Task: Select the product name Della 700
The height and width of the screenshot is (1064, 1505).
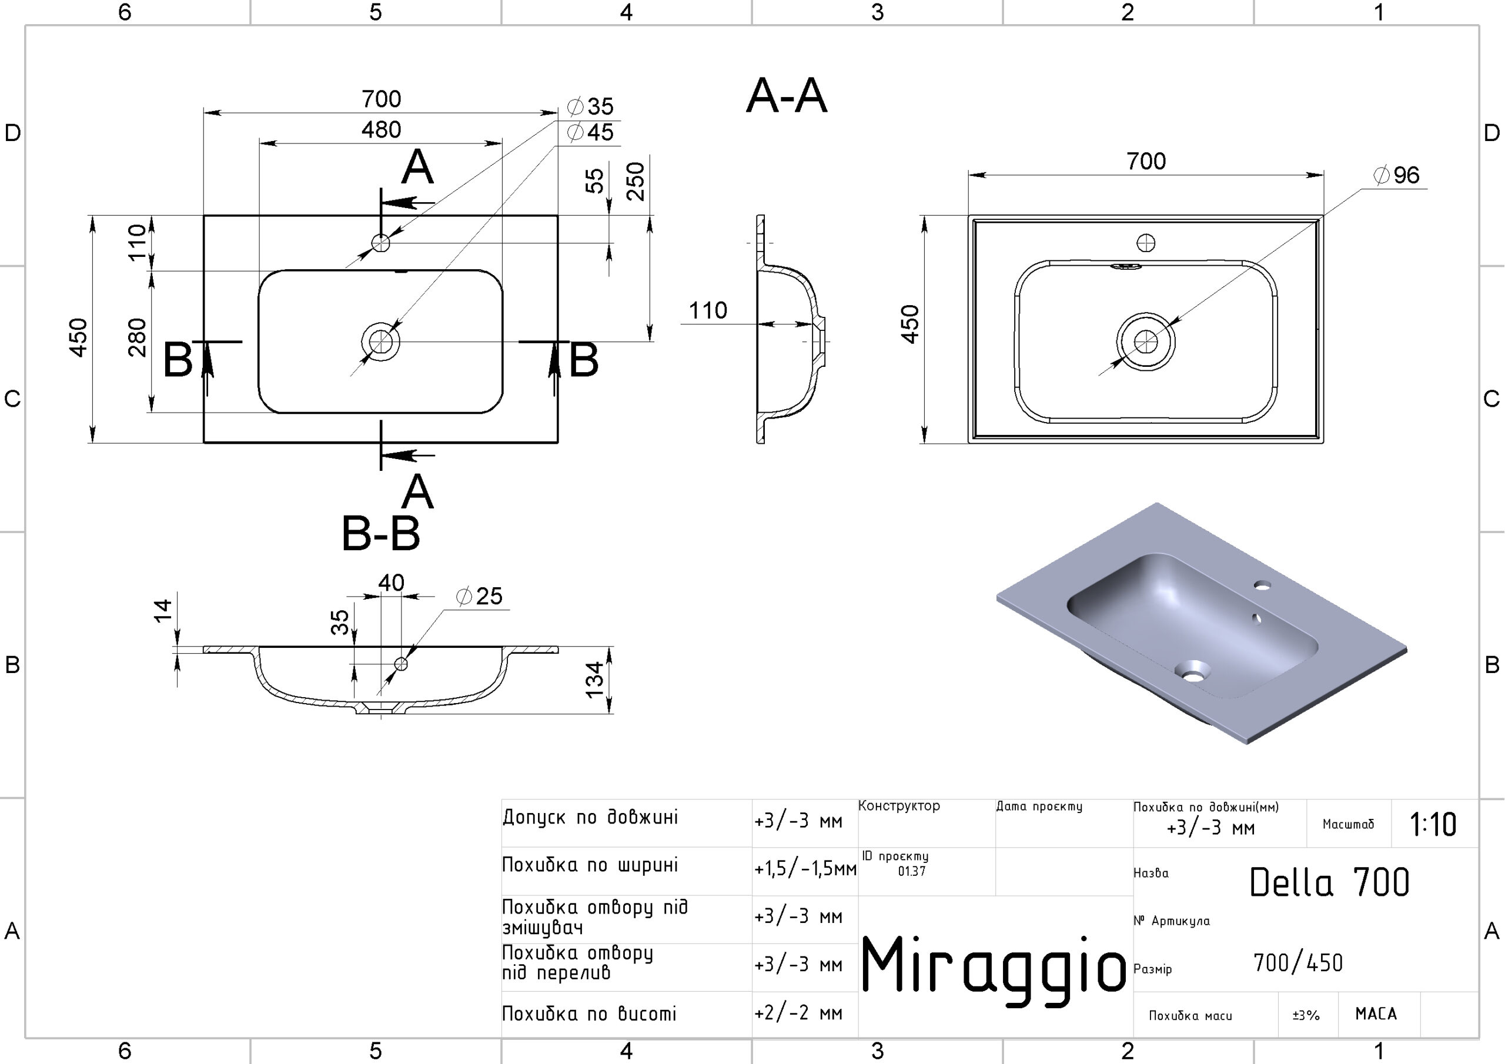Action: tap(1329, 882)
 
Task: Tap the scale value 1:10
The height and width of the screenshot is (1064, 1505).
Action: tap(1433, 825)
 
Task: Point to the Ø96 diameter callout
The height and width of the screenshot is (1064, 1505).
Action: tap(1397, 176)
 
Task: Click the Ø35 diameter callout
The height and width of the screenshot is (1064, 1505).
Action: tap(591, 106)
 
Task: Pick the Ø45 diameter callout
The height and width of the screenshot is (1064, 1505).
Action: tap(591, 132)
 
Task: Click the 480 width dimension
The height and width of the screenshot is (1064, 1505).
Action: tap(381, 130)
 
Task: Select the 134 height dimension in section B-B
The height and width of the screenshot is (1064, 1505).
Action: tap(594, 680)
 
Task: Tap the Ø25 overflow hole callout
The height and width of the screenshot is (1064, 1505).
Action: tap(480, 597)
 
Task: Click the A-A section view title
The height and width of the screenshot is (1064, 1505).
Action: tap(787, 96)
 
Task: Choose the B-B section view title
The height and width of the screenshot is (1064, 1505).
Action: tap(381, 534)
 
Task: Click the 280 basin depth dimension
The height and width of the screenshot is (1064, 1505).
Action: tap(137, 337)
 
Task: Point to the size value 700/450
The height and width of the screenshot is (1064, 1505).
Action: tap(1298, 963)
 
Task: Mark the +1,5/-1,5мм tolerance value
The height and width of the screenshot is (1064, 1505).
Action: tap(805, 869)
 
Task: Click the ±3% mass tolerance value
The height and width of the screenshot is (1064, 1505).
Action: tap(1306, 1015)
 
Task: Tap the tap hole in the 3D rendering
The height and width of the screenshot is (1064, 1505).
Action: tap(1262, 585)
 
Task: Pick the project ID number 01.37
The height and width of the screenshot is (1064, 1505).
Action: tap(912, 871)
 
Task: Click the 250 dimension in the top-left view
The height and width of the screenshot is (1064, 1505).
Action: tap(635, 182)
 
